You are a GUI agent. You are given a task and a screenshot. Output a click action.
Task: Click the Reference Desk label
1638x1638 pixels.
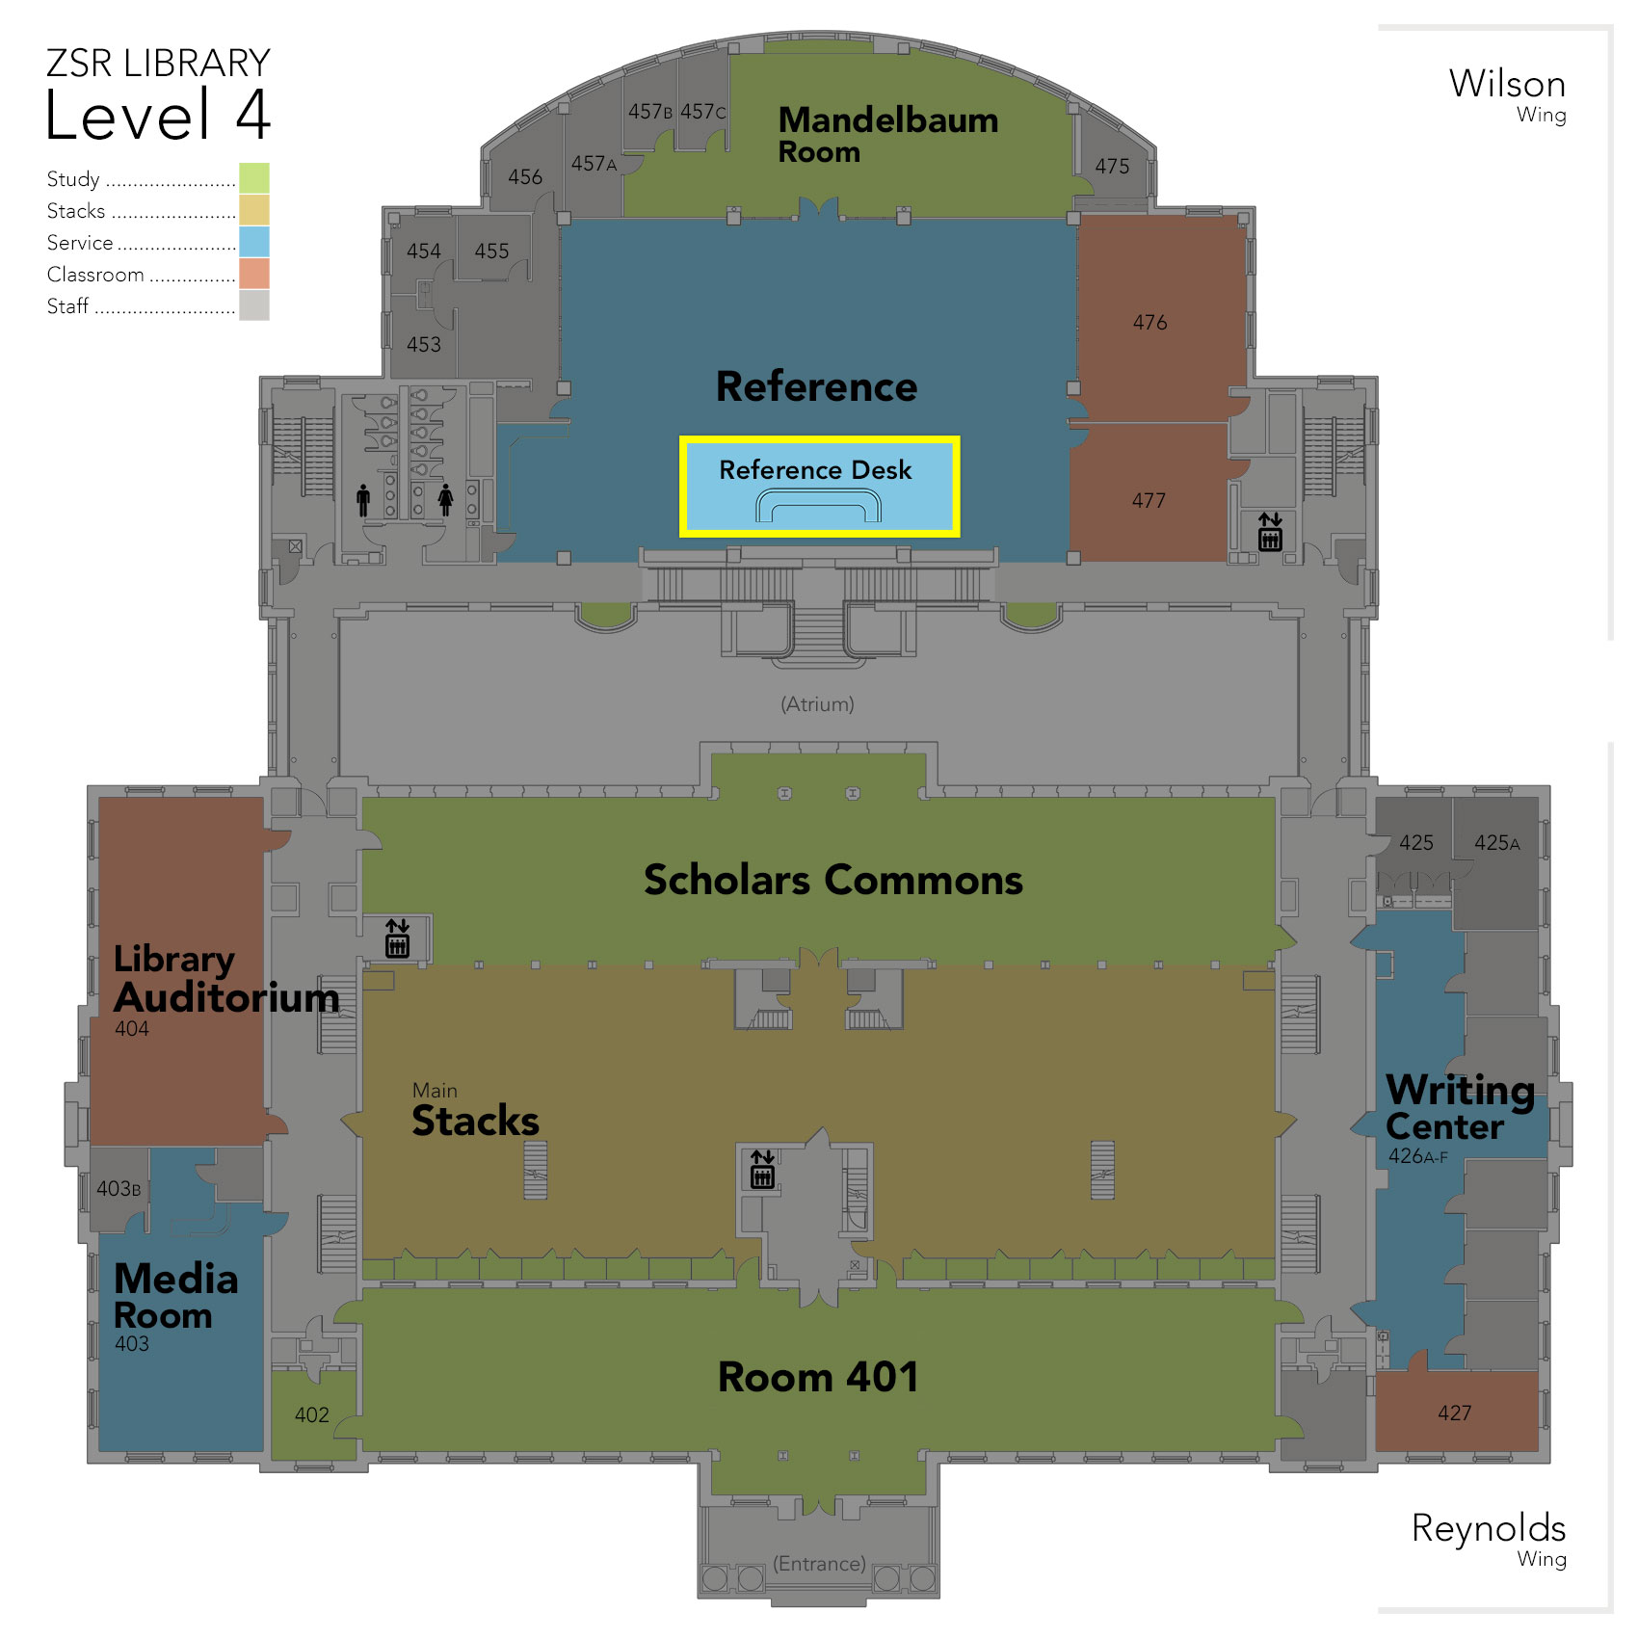[x=815, y=470]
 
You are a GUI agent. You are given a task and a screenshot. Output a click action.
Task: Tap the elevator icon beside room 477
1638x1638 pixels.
[x=1270, y=532]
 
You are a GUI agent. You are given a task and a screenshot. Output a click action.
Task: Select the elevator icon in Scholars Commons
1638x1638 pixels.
[x=397, y=938]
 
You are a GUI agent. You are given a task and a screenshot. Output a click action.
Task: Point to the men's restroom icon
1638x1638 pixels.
[x=363, y=500]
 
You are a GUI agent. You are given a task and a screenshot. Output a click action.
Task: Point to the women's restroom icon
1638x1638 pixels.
[x=445, y=500]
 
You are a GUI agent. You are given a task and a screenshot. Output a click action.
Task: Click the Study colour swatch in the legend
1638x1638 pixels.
[x=254, y=178]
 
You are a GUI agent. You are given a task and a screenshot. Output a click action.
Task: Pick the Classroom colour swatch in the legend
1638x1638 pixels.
[x=254, y=274]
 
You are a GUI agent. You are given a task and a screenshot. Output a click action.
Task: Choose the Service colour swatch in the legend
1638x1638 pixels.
[x=254, y=242]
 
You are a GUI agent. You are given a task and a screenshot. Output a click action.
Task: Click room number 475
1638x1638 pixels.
[x=1112, y=167]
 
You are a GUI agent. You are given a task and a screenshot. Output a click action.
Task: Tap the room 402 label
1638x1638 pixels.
[x=312, y=1414]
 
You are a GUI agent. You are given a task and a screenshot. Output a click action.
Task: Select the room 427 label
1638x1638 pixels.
[x=1455, y=1413]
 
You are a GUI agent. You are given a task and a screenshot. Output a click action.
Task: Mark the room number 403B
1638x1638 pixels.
[x=119, y=1189]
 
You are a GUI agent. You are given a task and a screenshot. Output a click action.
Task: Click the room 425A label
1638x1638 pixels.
[x=1497, y=843]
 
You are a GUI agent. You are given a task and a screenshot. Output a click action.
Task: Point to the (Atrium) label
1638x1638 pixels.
[x=817, y=704]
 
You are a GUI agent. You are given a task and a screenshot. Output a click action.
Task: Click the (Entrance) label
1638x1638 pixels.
[x=819, y=1563]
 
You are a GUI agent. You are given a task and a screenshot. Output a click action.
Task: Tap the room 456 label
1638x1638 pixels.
[x=525, y=177]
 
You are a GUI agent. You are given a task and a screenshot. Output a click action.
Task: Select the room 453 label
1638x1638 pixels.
[x=424, y=344]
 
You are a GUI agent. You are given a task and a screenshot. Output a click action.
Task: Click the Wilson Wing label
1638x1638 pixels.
[x=1507, y=94]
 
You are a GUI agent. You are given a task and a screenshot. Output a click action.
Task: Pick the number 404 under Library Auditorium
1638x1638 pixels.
[x=132, y=1028]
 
